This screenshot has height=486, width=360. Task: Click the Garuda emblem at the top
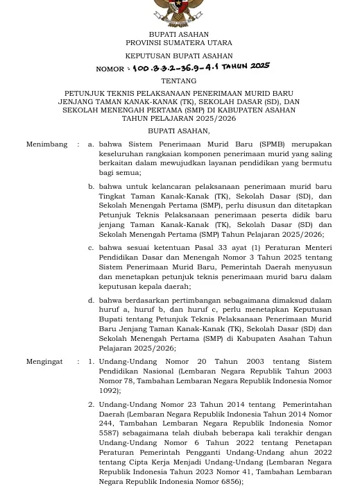point(178,12)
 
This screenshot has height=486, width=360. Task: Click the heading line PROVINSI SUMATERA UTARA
point(178,43)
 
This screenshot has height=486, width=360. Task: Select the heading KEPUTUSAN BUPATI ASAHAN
point(178,56)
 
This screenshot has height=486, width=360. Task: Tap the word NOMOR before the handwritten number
point(110,69)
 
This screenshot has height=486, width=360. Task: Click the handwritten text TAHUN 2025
point(246,66)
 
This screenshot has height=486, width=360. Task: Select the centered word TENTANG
point(178,81)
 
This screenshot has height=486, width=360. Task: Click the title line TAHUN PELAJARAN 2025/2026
point(178,119)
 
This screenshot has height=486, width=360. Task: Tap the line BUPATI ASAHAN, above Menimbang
point(178,131)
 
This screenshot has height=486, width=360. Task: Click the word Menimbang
point(46,144)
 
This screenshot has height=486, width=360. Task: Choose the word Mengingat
point(44,362)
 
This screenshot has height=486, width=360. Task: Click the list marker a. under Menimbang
point(91,144)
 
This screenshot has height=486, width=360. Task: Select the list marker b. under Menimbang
point(91,187)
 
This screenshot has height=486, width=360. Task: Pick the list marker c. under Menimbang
point(91,248)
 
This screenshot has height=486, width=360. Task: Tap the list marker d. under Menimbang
point(91,301)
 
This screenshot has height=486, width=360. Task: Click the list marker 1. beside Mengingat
point(91,362)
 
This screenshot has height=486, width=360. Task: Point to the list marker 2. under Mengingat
point(91,404)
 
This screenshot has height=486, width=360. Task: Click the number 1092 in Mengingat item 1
point(108,391)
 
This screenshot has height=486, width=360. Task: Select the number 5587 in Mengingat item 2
point(109,433)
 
